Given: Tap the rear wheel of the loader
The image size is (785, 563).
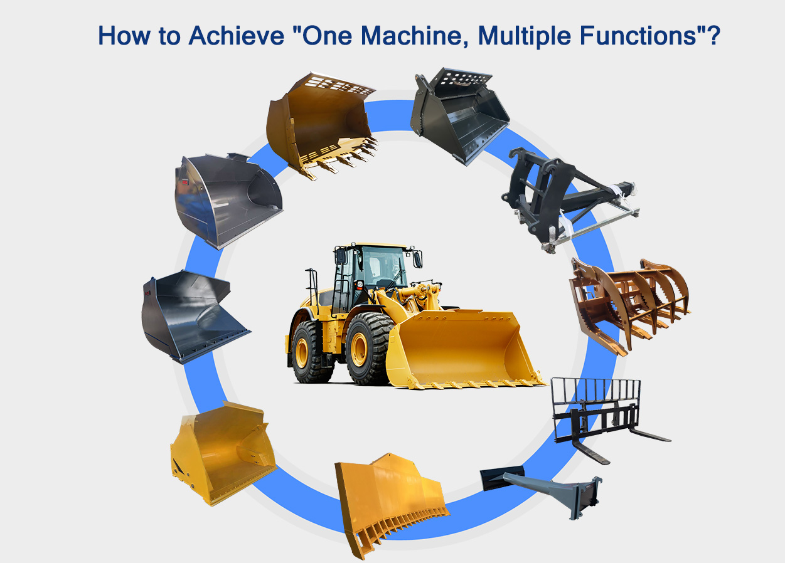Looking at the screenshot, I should pyautogui.click(x=311, y=351).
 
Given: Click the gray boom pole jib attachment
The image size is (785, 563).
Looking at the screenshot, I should pyautogui.click(x=546, y=489).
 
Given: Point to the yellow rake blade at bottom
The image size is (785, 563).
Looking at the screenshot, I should pyautogui.click(x=389, y=502).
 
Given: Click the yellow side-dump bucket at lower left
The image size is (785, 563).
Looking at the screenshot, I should pyautogui.click(x=220, y=451).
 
